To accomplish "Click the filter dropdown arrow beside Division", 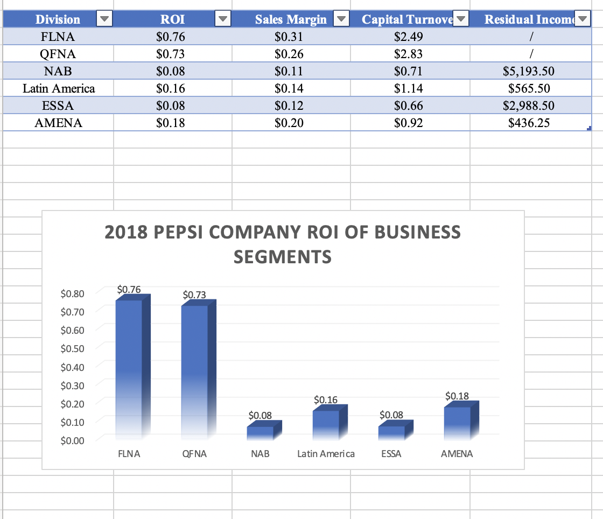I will coord(104,20).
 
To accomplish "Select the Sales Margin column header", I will coord(291,20).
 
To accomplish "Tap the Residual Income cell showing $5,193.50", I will coord(528,71).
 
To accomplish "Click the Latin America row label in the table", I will coord(59,88).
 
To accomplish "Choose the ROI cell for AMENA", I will coord(170,123).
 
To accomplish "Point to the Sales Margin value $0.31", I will coord(289,37).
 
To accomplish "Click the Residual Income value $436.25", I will coord(529,123).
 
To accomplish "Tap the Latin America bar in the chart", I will coord(326,423).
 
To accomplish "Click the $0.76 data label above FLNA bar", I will coord(129,289).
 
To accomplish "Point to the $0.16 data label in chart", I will coord(326,399).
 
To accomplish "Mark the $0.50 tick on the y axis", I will coord(72,348).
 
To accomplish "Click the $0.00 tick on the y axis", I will coord(72,441).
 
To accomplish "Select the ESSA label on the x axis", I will coord(391,454).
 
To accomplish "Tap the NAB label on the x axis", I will coord(260,454).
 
